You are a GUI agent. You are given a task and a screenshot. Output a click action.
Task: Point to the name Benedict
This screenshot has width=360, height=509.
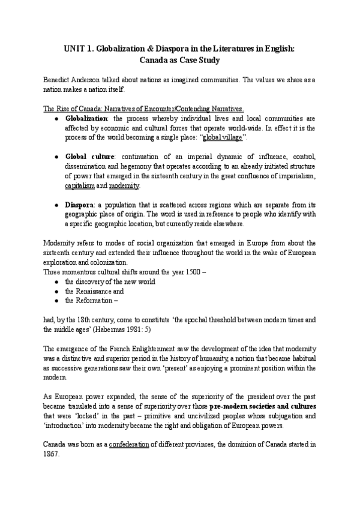pyautogui.click(x=59, y=80)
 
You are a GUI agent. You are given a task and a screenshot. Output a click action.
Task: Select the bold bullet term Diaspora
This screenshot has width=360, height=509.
pyautogui.click(x=79, y=205)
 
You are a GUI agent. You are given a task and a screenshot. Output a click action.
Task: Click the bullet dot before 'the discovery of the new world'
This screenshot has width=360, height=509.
pyautogui.click(x=55, y=282)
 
